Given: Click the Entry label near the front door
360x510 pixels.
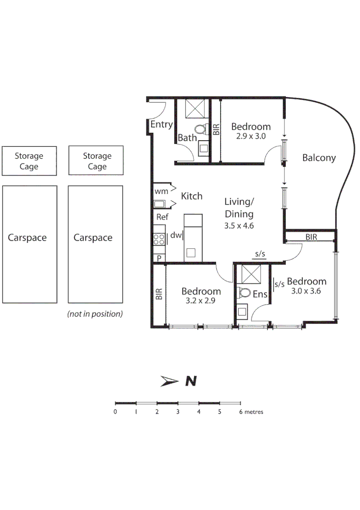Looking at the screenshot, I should [x=161, y=125].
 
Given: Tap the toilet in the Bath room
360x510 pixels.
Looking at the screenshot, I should [x=201, y=128].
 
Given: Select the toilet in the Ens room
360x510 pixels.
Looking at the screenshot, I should [x=244, y=292].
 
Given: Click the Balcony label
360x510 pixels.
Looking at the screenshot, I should [x=319, y=158].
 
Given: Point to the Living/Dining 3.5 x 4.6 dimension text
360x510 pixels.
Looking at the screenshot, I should [x=239, y=226].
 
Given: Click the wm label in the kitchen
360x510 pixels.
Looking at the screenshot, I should [x=160, y=192].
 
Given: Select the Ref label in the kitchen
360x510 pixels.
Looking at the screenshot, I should [x=162, y=217].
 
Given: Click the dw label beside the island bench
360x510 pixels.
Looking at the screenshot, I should [x=176, y=235].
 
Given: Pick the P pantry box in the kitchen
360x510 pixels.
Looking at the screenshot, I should [x=159, y=257].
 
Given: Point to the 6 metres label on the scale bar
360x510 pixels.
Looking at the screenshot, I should [x=251, y=412].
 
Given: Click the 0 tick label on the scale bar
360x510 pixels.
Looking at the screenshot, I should [x=116, y=412].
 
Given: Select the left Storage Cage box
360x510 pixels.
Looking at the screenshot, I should [x=29, y=161].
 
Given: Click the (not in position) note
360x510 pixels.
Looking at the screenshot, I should [x=95, y=314].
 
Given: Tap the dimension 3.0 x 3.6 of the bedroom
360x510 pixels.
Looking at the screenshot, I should [x=306, y=291].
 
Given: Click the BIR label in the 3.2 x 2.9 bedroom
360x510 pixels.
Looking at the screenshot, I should [x=159, y=294].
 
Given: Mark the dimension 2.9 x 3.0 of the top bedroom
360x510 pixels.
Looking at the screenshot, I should [x=251, y=136].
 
